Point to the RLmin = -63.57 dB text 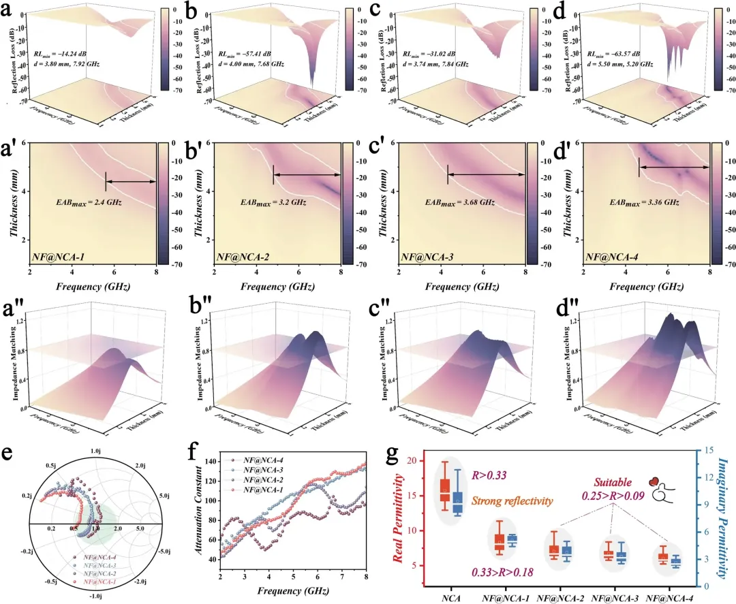[619, 53]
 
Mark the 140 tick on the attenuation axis [211, 462]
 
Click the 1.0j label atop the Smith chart [95, 450]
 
